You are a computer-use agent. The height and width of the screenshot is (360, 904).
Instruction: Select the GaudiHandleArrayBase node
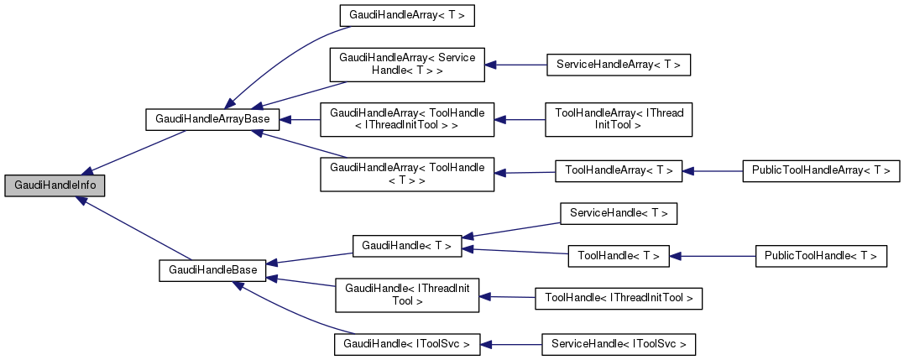click(x=212, y=119)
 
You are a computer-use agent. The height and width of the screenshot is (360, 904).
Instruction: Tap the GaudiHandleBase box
click(x=212, y=270)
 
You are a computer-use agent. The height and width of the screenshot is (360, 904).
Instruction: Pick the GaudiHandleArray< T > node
click(x=400, y=15)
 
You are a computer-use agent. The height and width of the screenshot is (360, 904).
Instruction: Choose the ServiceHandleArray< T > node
click(x=618, y=65)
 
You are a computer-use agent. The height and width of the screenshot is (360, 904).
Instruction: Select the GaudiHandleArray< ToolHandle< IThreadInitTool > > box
click(x=407, y=119)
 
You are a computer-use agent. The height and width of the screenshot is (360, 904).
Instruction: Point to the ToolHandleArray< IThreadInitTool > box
click(x=618, y=119)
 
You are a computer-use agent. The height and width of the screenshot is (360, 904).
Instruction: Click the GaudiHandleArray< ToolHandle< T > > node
click(x=407, y=174)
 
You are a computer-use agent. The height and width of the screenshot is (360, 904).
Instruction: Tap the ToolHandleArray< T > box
click(x=619, y=170)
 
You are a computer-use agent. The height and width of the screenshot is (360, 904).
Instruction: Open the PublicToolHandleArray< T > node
click(x=821, y=170)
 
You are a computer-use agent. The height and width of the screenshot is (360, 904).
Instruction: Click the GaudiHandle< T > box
click(x=407, y=246)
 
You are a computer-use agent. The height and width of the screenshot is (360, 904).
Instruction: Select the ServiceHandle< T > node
click(x=618, y=214)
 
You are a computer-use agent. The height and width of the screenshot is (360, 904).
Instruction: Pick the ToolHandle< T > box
click(x=619, y=256)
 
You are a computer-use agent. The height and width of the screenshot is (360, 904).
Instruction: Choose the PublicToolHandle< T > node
click(x=821, y=256)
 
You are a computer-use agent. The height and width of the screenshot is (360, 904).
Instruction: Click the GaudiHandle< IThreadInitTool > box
click(x=407, y=295)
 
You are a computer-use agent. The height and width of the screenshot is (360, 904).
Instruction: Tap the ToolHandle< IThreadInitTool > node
click(x=619, y=298)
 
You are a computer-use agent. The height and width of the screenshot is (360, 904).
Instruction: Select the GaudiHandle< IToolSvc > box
click(x=407, y=344)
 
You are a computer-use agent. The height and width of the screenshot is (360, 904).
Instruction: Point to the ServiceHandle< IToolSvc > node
click(x=619, y=344)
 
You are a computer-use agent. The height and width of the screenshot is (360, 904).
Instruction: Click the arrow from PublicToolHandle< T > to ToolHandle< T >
click(x=713, y=256)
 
